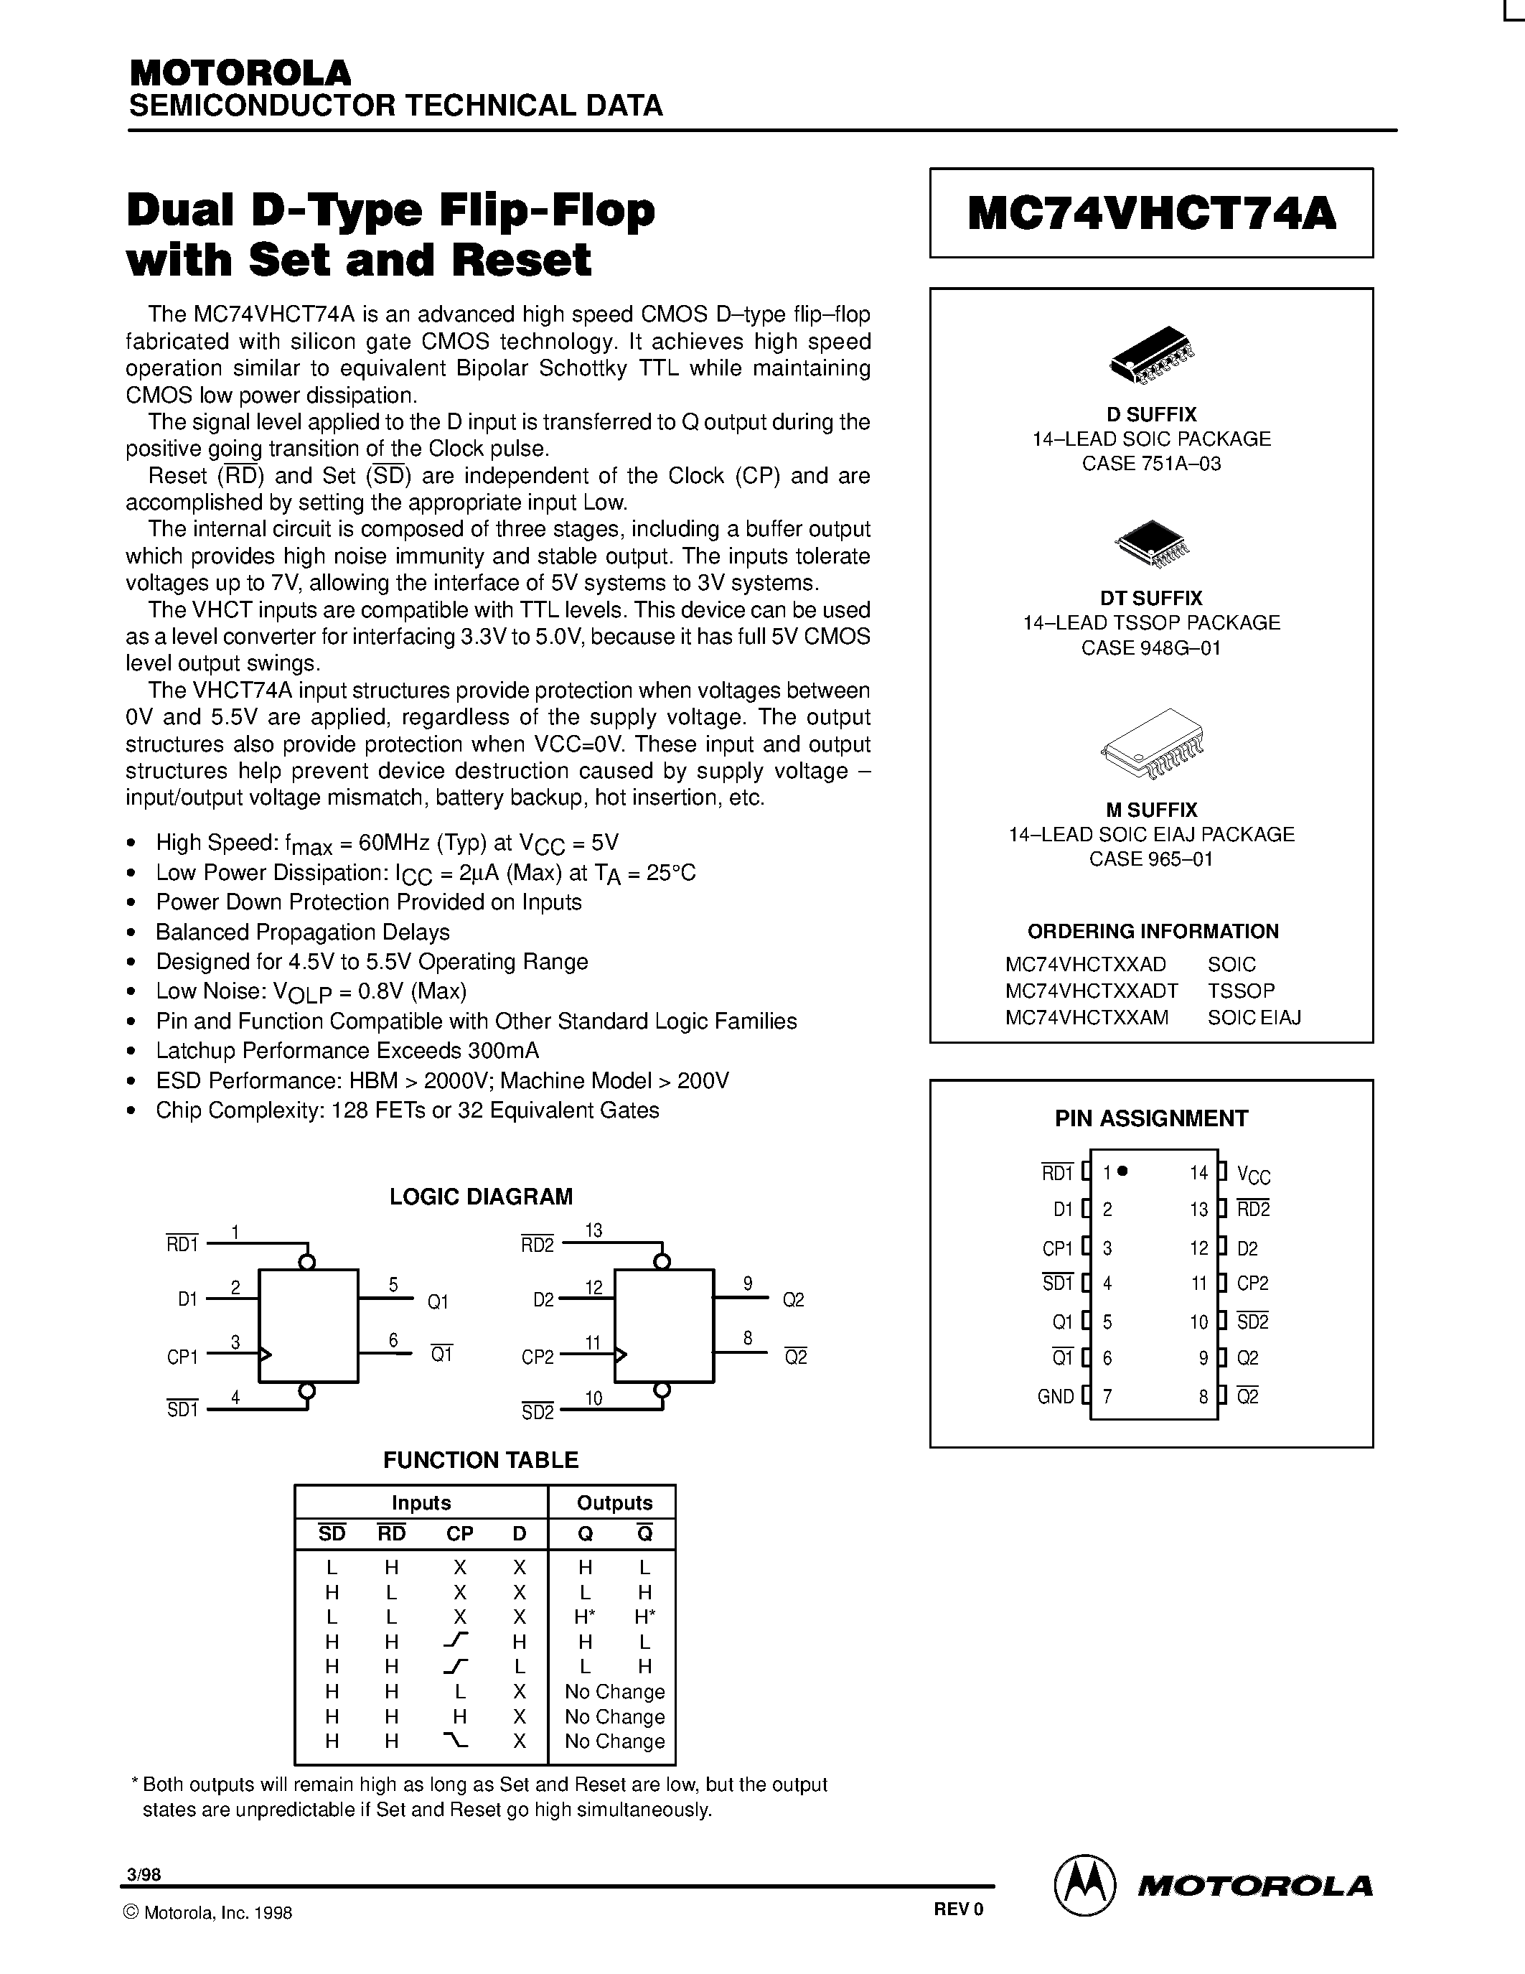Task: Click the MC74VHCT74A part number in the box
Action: click(x=1151, y=214)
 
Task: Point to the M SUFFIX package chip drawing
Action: click(x=1153, y=743)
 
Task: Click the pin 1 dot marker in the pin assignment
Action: click(x=1123, y=1171)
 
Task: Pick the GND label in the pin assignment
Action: click(x=1055, y=1396)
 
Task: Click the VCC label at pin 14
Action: click(x=1253, y=1174)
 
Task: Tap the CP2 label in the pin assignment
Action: click(x=1252, y=1283)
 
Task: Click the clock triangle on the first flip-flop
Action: click(x=265, y=1355)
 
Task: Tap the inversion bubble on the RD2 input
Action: click(x=662, y=1262)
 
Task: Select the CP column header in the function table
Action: click(x=460, y=1534)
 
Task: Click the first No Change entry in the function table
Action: click(x=614, y=1692)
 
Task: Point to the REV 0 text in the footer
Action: click(x=957, y=1909)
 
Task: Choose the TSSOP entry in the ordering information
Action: click(x=1240, y=991)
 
